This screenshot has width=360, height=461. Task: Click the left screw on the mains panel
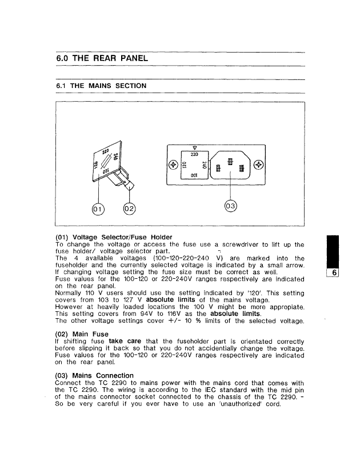coord(172,165)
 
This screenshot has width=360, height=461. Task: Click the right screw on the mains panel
coord(259,165)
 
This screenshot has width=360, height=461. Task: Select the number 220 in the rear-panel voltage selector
coord(194,155)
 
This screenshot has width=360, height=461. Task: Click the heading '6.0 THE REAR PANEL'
coord(102,58)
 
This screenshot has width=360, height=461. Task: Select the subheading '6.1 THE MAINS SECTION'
coord(101,86)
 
